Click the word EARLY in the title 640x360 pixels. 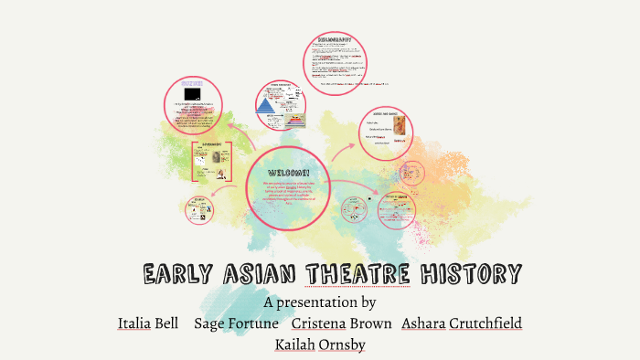(179, 273)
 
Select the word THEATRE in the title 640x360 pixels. (357, 273)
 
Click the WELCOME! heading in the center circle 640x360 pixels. (288, 173)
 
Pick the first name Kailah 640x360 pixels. (296, 344)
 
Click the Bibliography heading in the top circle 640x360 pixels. (339, 40)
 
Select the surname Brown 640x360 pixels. (373, 323)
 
